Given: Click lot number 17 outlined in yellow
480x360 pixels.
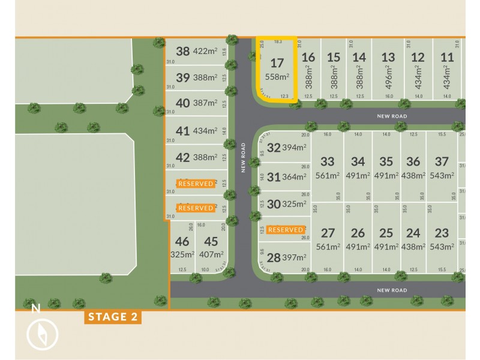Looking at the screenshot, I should point(277,62).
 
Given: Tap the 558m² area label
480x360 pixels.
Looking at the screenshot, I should point(277,76).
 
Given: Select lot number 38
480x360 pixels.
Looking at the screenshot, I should point(182,52).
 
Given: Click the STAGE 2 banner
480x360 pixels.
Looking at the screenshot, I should point(113,317).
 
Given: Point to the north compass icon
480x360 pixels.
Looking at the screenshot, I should point(42,334).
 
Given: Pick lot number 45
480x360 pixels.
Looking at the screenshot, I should point(211,242).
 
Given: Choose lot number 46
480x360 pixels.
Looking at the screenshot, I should point(182,242).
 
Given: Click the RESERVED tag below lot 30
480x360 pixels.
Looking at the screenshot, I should point(286,230).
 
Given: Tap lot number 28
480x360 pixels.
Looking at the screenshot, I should point(273,258).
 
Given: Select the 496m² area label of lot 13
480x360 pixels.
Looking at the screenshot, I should point(388,79).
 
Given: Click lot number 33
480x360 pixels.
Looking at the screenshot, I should point(327,161).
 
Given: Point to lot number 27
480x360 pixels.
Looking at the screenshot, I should point(328,233).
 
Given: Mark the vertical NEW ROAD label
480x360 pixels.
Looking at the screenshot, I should point(244,157).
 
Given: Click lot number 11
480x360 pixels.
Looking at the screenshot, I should point(446,58).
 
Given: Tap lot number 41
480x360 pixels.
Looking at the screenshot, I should point(182,130).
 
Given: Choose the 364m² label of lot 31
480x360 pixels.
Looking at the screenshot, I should point(295,176).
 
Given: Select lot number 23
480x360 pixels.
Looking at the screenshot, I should point(442,233).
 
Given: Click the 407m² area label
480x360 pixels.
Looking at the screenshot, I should point(211,254).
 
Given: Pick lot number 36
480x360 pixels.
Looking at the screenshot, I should point(413,161).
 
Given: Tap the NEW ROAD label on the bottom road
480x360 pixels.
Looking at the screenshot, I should point(392,290).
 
